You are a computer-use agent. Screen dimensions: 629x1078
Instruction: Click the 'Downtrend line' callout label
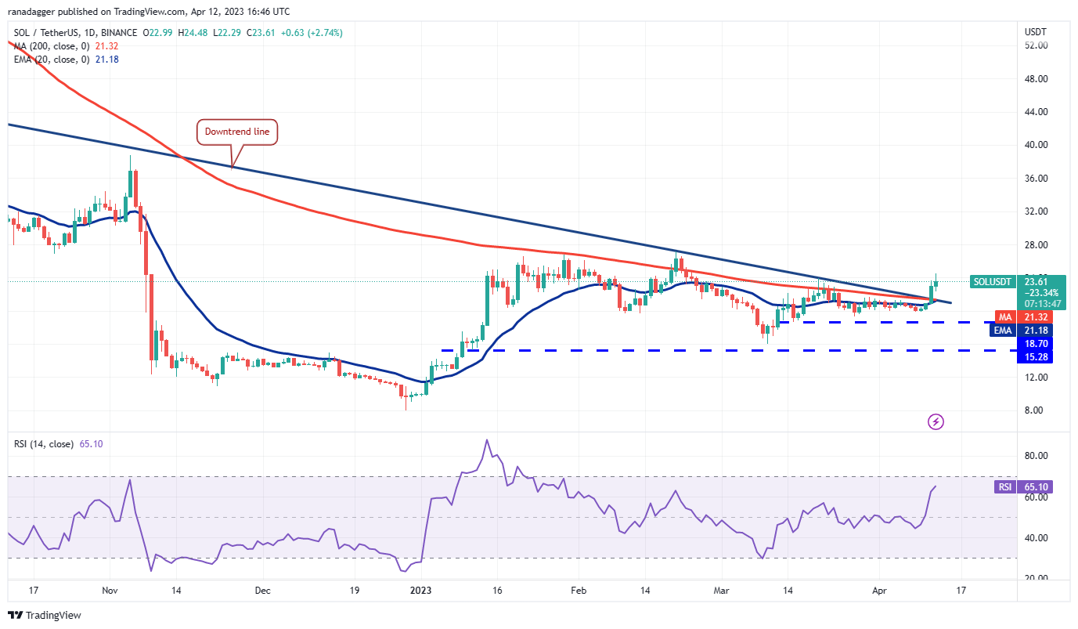click(x=237, y=132)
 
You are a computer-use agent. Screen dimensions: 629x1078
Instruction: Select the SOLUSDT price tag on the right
click(x=992, y=281)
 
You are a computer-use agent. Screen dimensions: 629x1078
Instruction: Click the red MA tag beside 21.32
click(x=1004, y=317)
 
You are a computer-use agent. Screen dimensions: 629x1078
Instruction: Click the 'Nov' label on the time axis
click(x=110, y=591)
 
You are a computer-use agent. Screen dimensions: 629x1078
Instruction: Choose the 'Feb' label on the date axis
click(x=579, y=591)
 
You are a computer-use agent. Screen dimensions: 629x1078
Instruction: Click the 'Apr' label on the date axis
click(x=879, y=591)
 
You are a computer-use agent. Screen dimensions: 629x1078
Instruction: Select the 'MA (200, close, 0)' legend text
click(x=51, y=46)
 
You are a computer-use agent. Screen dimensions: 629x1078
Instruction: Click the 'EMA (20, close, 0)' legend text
click(x=51, y=59)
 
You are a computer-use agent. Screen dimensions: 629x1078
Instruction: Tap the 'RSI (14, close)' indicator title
click(x=42, y=444)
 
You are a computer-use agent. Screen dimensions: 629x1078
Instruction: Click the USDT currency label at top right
click(x=1035, y=31)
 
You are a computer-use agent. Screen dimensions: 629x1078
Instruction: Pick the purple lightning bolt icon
click(x=936, y=422)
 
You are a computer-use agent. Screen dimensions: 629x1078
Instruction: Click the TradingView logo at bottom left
click(x=45, y=616)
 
